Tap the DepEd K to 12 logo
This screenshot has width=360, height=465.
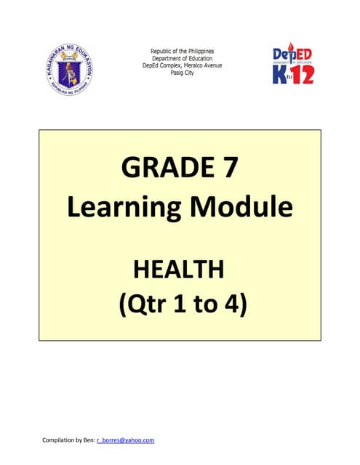293,63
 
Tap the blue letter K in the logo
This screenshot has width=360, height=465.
280,74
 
